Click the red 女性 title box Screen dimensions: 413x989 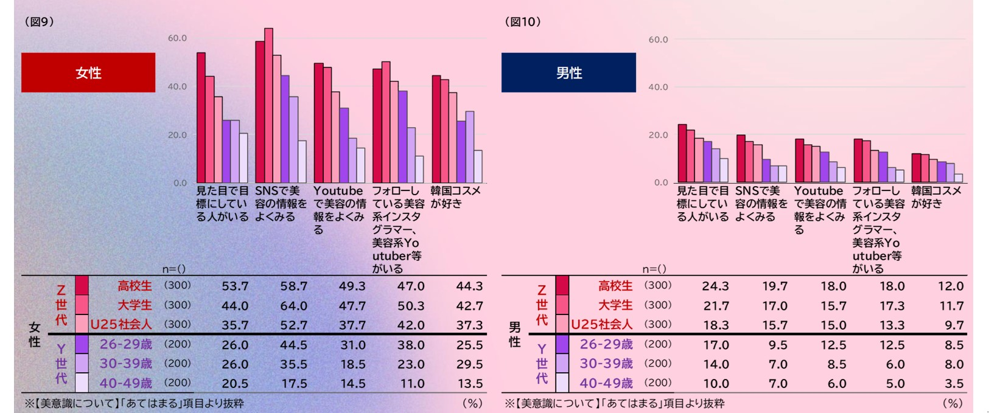[x=88, y=72]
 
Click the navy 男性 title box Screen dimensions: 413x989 [x=568, y=72]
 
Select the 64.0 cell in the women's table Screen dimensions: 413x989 [x=293, y=306]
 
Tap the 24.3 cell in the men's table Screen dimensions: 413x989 [x=715, y=286]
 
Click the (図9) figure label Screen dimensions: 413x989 [x=40, y=22]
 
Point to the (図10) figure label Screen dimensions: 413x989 [x=523, y=22]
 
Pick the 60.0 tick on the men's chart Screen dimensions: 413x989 [x=658, y=40]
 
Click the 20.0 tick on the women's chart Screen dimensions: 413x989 [x=177, y=135]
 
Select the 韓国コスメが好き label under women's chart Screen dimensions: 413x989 [x=455, y=197]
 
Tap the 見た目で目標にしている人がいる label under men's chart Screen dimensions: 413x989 [x=702, y=203]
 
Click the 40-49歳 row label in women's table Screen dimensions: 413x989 [x=125, y=383]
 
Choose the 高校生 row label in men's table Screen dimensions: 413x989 [x=615, y=286]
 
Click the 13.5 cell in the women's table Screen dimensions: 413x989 [x=469, y=384]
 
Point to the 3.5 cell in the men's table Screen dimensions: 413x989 [x=954, y=384]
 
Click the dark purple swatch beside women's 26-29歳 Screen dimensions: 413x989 [x=82, y=344]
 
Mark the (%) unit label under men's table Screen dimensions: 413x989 [x=952, y=403]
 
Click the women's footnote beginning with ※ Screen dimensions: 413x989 [x=134, y=403]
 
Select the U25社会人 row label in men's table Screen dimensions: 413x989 [x=601, y=325]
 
